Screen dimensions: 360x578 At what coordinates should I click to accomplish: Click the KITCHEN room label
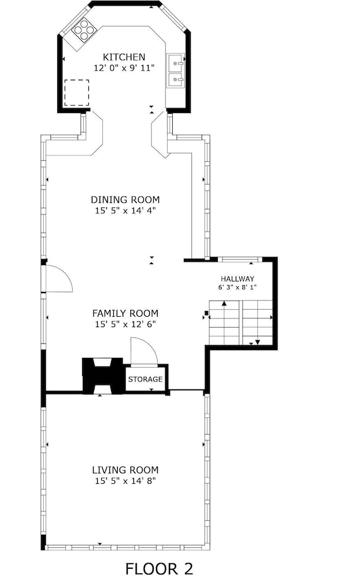[124, 57]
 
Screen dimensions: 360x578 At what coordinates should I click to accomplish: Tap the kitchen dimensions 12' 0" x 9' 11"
[124, 68]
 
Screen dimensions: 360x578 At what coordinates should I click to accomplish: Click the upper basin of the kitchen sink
[176, 62]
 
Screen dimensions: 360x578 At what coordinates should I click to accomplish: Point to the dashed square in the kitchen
[77, 93]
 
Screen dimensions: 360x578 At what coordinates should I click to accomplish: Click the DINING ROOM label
[125, 200]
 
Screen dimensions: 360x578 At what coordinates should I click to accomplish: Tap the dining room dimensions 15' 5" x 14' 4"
[125, 211]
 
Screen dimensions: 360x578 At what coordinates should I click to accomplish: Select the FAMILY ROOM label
[125, 313]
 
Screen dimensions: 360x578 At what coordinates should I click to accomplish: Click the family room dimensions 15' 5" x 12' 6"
[125, 324]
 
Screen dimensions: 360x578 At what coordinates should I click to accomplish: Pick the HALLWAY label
[237, 279]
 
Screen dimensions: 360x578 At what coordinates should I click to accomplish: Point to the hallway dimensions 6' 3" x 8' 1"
[237, 287]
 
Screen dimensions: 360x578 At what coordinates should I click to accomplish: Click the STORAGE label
[145, 379]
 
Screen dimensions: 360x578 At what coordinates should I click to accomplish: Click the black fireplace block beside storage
[102, 376]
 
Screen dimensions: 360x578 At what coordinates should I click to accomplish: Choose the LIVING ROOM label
[125, 470]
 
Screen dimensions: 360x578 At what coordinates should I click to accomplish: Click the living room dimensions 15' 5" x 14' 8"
[125, 481]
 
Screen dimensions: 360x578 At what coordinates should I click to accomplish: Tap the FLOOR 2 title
[159, 568]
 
